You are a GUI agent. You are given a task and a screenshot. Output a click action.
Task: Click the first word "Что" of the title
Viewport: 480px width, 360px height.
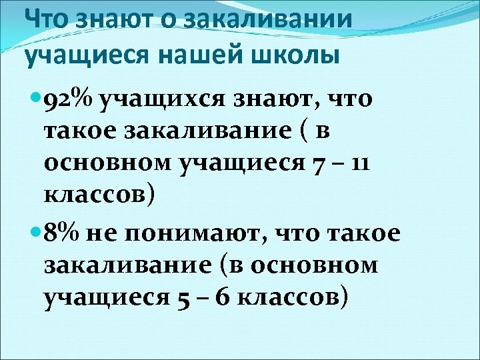click(46, 19)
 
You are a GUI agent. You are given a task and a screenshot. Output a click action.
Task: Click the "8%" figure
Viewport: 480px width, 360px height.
click(61, 235)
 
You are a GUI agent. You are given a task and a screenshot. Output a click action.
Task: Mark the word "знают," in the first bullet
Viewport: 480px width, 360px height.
click(280, 101)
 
